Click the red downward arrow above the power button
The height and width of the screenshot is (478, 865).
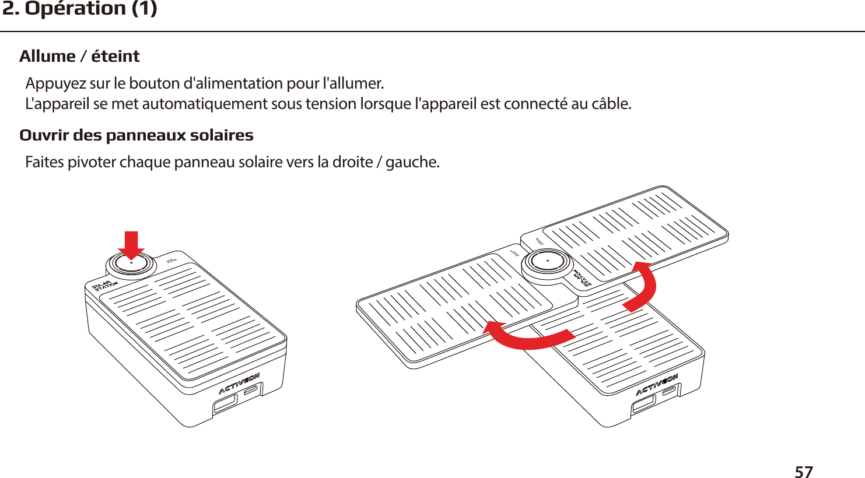pyautogui.click(x=132, y=244)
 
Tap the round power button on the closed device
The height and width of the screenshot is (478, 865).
pyautogui.click(x=131, y=264)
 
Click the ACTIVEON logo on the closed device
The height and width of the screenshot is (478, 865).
pyautogui.click(x=239, y=384)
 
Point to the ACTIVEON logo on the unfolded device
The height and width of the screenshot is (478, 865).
pyautogui.click(x=656, y=385)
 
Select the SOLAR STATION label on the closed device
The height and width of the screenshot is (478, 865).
pyautogui.click(x=105, y=286)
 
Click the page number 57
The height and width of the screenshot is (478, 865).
pyautogui.click(x=803, y=472)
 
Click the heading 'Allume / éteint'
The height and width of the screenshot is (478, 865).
pyautogui.click(x=79, y=57)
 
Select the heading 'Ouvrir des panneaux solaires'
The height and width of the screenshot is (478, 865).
pyautogui.click(x=136, y=135)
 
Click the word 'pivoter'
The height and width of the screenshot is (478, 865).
pyautogui.click(x=93, y=162)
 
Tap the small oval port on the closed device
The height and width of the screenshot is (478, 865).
pyautogui.click(x=253, y=391)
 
